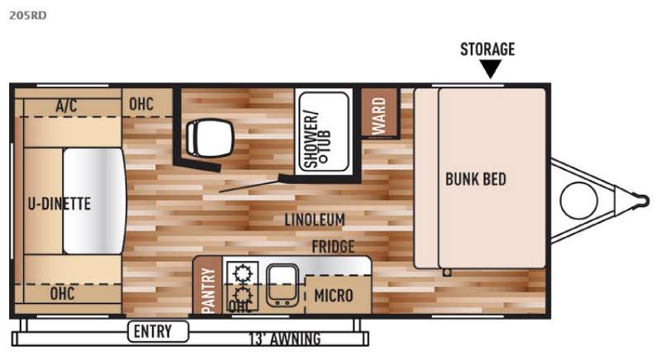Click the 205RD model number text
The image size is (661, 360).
coord(28,16)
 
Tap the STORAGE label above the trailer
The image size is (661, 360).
coord(487,50)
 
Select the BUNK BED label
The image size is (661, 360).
coord(476,179)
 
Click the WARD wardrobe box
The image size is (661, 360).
coord(379,114)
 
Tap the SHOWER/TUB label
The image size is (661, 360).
coord(317,140)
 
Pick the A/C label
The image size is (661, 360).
coord(66,105)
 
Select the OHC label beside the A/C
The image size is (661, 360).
coord(141,104)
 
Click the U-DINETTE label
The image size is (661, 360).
coord(59,204)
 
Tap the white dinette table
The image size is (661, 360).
coord(94,201)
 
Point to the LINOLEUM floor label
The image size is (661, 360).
coord(315,220)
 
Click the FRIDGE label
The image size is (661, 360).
coord(333,246)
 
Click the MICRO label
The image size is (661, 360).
coord(334,296)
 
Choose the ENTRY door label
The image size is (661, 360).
coord(153,331)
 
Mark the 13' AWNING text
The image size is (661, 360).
coord(285,339)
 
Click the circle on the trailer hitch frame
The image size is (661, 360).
coord(579,201)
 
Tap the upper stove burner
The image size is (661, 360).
coord(242,272)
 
